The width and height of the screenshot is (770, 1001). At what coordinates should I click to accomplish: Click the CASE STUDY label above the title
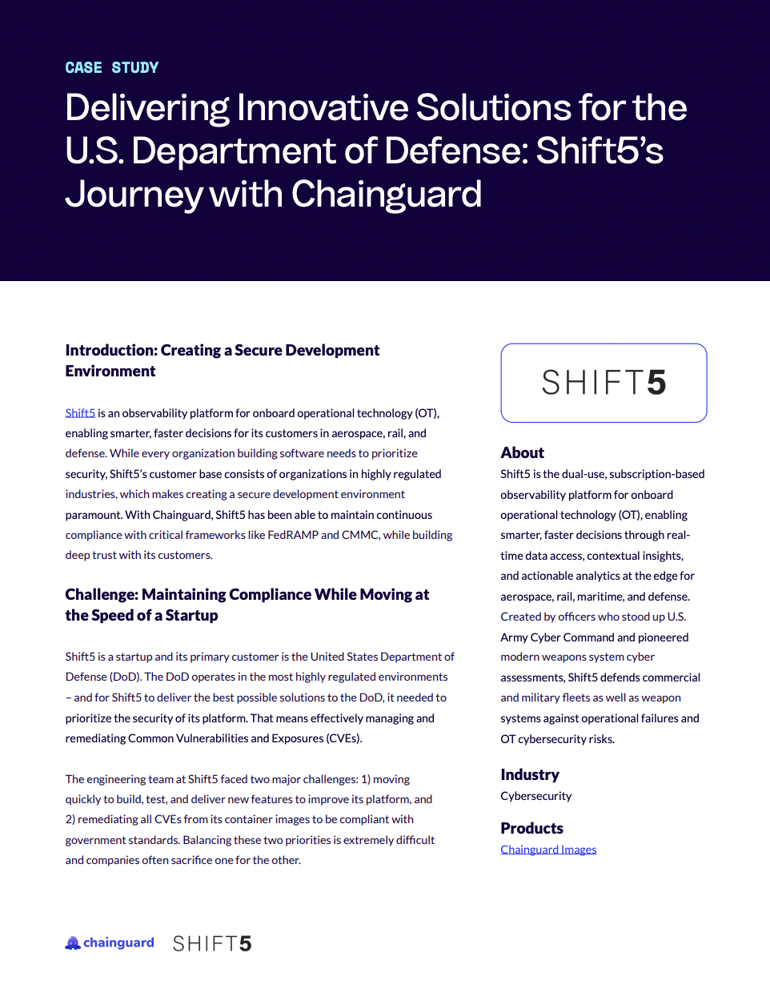(112, 68)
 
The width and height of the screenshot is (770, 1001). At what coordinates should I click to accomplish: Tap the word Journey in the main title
(134, 195)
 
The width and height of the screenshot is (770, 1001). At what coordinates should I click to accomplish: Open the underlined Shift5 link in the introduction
(80, 413)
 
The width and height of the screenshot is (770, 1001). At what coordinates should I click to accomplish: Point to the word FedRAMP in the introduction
(293, 535)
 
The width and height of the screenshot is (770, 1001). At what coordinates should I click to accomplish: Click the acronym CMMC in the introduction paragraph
(360, 535)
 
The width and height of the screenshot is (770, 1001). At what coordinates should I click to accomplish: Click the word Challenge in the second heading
(101, 595)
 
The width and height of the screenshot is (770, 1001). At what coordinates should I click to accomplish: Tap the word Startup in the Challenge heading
(192, 616)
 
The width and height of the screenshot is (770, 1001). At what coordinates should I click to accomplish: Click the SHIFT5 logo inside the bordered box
(604, 383)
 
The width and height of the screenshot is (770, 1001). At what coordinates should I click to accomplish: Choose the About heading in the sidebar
(523, 453)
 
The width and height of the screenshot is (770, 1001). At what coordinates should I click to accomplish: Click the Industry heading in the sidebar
(530, 775)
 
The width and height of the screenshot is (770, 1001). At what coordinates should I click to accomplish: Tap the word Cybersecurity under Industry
(536, 796)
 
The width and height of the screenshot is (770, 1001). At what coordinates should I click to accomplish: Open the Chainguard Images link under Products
(548, 850)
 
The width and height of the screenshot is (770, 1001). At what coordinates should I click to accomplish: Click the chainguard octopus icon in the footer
(73, 943)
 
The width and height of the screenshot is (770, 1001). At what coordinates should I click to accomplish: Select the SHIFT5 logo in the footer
(212, 943)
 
